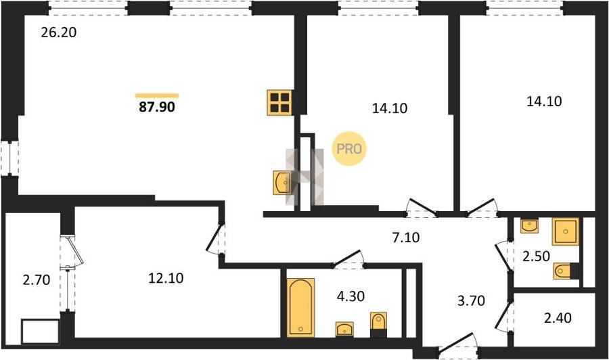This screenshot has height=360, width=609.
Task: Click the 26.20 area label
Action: click(x=59, y=32)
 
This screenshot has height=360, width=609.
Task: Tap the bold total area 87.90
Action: click(x=157, y=107)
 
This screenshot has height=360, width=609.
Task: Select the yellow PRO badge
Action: click(x=349, y=149)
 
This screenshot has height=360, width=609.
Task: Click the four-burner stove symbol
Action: click(x=279, y=103)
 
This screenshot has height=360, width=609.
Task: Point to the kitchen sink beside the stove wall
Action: click(x=282, y=182)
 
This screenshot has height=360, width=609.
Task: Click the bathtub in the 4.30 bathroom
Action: click(x=301, y=307)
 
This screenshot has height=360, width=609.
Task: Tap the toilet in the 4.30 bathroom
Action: click(x=379, y=325)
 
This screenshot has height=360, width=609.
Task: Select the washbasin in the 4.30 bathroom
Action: click(x=344, y=330)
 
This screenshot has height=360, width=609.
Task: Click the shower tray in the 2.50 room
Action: click(x=566, y=231)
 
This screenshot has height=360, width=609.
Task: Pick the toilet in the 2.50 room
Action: click(x=566, y=271)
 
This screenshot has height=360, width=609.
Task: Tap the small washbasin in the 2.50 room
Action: click(x=529, y=226)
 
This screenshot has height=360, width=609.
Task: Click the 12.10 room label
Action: click(x=166, y=278)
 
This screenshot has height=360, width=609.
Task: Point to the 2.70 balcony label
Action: click(x=37, y=279)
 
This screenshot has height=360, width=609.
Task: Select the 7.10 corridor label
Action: click(x=406, y=237)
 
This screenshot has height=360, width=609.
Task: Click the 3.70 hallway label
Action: click(x=471, y=300)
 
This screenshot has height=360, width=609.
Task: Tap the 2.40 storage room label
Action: click(x=558, y=318)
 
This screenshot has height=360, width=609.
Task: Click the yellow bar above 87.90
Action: click(x=157, y=95)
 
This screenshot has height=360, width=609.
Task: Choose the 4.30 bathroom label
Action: click(x=351, y=296)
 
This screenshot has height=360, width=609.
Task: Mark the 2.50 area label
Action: click(x=536, y=256)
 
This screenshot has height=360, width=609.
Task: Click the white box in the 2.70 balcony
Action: click(x=41, y=332)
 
